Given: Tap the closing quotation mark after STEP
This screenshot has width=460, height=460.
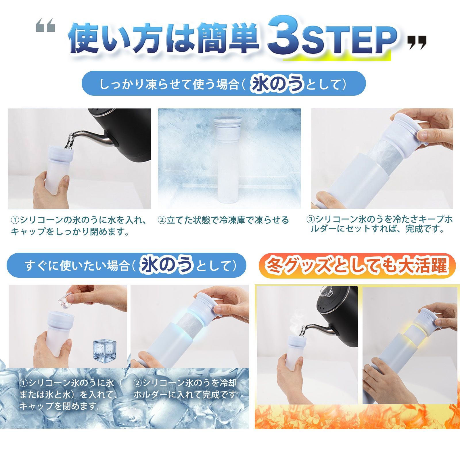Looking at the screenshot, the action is [x=417, y=43].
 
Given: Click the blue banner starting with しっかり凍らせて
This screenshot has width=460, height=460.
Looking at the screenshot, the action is [x=224, y=83].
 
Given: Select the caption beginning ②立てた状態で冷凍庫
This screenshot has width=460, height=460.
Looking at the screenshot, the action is [x=223, y=220].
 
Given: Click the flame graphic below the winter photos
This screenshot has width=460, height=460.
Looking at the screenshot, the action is [x=356, y=417].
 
